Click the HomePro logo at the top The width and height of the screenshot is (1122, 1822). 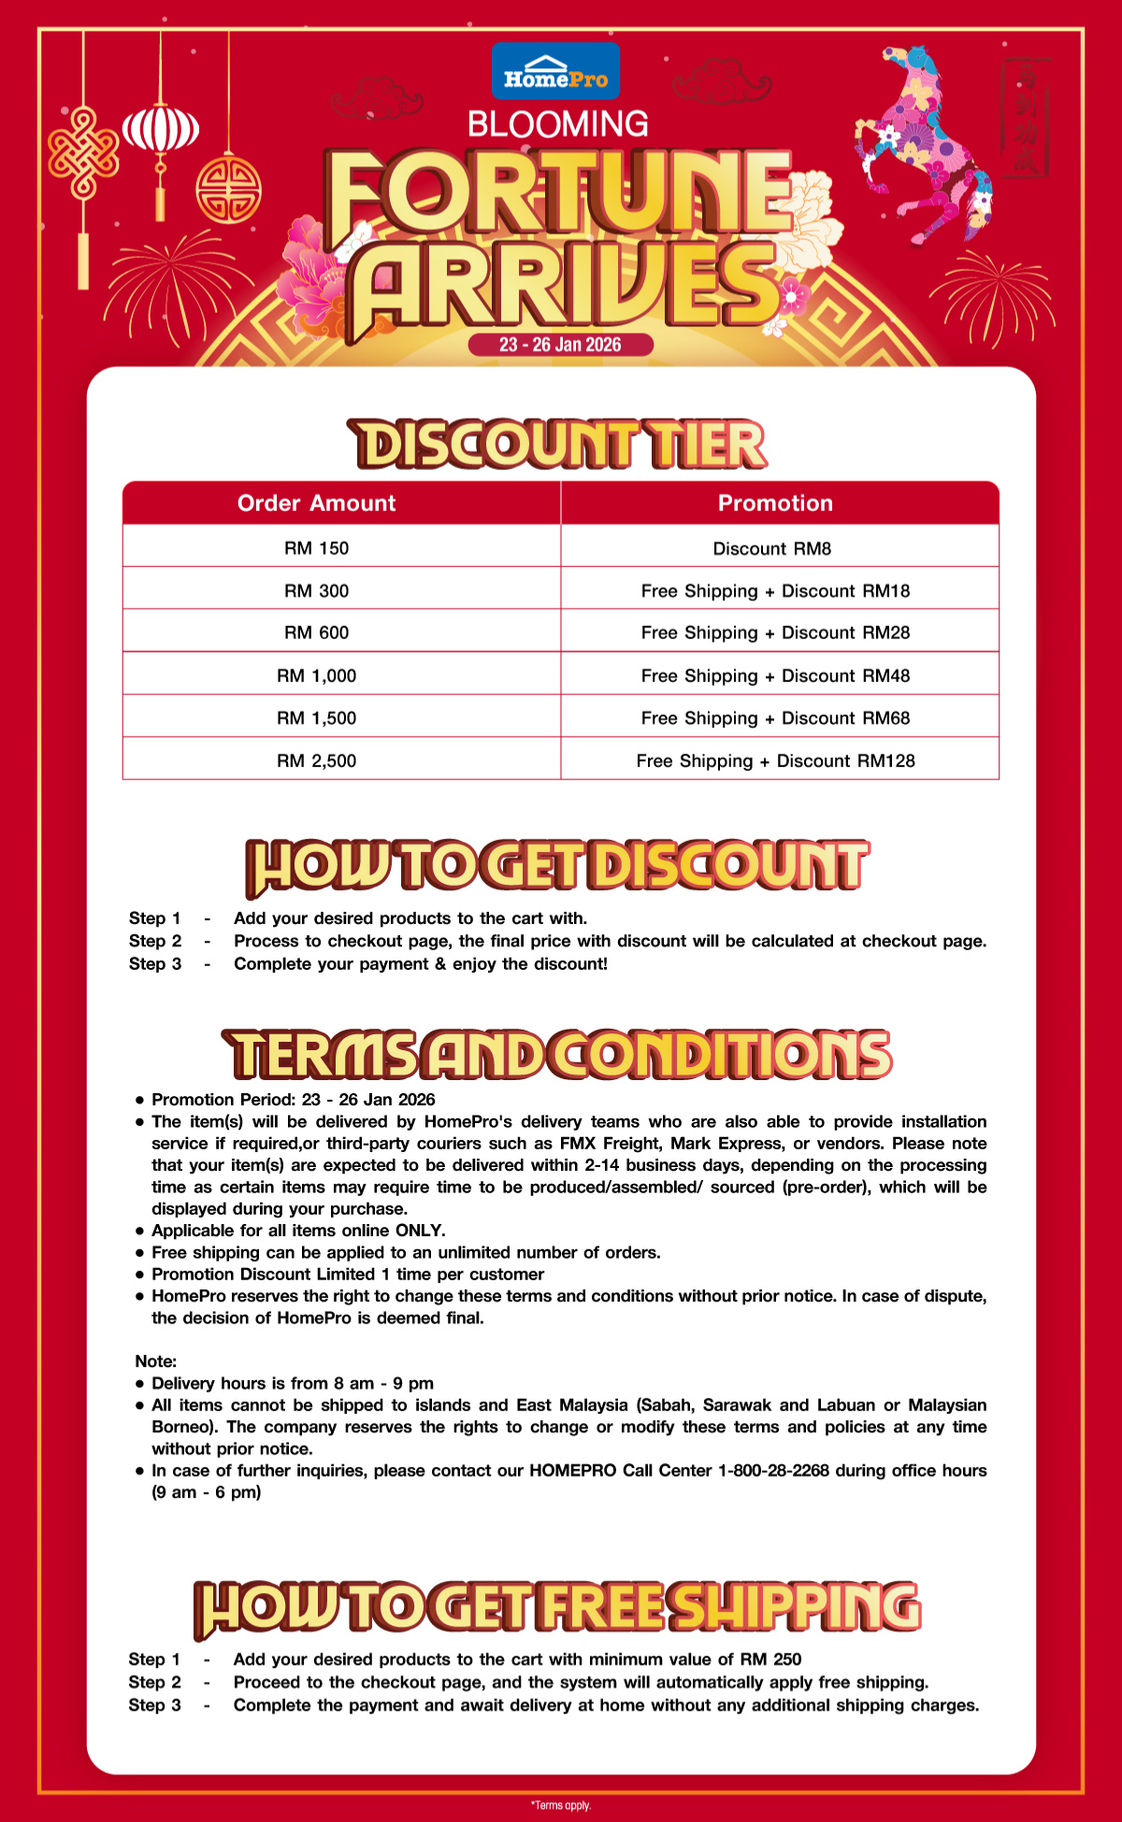click(555, 71)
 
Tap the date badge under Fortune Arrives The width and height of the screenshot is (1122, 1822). click(560, 345)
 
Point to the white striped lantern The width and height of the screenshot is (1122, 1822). click(161, 129)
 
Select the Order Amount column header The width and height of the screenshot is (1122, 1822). click(316, 504)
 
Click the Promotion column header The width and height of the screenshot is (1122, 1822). click(775, 504)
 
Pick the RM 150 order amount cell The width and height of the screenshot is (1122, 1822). click(316, 548)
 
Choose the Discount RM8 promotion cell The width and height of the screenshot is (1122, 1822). click(772, 548)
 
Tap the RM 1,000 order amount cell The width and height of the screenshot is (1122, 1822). click(316, 676)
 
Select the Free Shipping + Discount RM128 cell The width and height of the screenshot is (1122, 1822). click(775, 761)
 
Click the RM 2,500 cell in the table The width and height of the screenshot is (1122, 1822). click(316, 761)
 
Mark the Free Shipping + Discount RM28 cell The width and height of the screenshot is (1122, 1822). click(775, 633)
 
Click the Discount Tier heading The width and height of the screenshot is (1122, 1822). click(558, 444)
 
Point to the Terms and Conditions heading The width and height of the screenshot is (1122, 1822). click(558, 1054)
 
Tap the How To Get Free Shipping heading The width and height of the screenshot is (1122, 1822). click(558, 1607)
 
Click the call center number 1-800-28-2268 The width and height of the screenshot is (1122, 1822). click(773, 1471)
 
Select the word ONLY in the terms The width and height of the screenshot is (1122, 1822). click(420, 1231)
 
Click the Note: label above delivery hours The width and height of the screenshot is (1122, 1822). click(156, 1361)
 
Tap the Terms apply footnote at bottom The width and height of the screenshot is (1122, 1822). click(561, 1805)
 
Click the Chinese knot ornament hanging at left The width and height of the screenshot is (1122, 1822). click(83, 154)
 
